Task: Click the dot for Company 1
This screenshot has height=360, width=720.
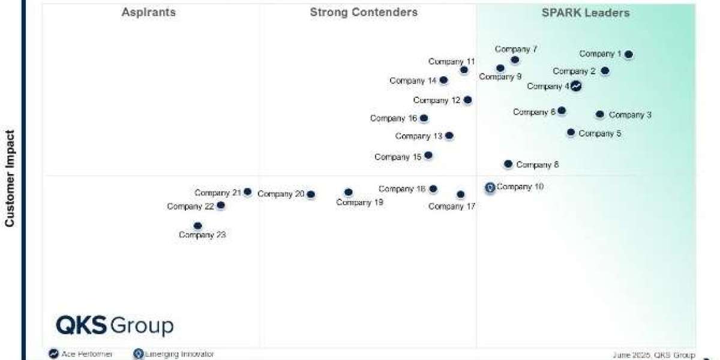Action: pyautogui.click(x=628, y=55)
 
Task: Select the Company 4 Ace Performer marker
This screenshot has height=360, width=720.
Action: pyautogui.click(x=576, y=86)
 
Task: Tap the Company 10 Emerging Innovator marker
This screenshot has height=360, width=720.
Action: pyautogui.click(x=490, y=188)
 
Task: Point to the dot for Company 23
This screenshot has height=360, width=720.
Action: pyautogui.click(x=198, y=226)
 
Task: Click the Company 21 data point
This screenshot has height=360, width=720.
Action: pyautogui.click(x=247, y=192)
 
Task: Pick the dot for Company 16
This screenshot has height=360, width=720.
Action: pyautogui.click(x=424, y=118)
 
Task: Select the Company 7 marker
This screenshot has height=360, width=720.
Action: pyautogui.click(x=515, y=60)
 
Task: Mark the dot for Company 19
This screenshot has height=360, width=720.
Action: pyautogui.click(x=349, y=193)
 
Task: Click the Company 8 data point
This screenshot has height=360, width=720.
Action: pyautogui.click(x=508, y=164)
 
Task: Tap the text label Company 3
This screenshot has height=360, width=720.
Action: pyautogui.click(x=630, y=115)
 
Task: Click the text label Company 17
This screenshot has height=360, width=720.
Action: pyautogui.click(x=452, y=206)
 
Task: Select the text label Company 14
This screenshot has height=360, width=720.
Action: pyautogui.click(x=413, y=80)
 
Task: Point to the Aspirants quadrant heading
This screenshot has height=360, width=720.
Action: pyautogui.click(x=149, y=13)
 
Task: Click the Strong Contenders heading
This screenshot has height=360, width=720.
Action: pyautogui.click(x=364, y=13)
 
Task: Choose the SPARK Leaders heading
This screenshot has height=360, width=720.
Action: pyautogui.click(x=586, y=13)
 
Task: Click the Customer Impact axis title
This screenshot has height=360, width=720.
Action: pyautogui.click(x=10, y=179)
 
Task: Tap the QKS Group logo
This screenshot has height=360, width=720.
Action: pyautogui.click(x=115, y=326)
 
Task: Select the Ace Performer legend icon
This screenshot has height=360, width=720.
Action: pyautogui.click(x=53, y=354)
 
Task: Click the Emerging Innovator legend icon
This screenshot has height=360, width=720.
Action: pyautogui.click(x=139, y=354)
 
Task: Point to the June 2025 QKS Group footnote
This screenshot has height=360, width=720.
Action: pyautogui.click(x=653, y=355)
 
